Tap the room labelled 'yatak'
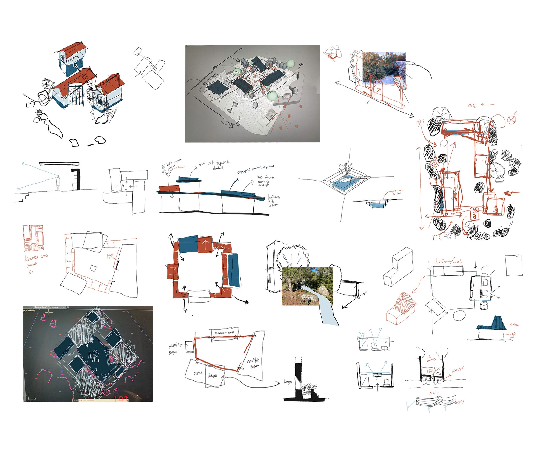[x=198, y=373]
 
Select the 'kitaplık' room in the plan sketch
[x=213, y=376]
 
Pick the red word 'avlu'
[x=434, y=393]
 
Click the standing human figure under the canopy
[x=59, y=183]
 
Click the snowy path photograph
[x=384, y=68]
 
